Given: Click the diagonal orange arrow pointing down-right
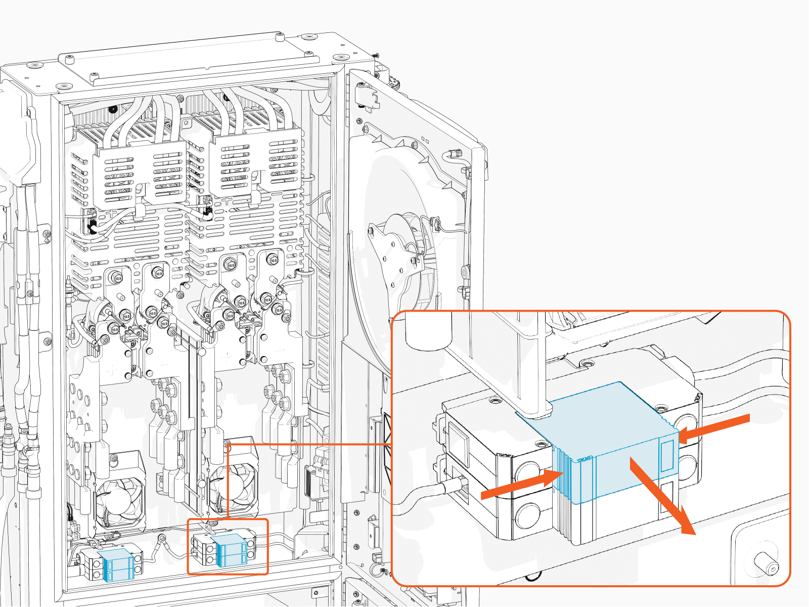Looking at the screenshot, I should point(662,496).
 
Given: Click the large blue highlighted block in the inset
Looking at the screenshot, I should point(607,440).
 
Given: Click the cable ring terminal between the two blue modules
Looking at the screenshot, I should point(162,539).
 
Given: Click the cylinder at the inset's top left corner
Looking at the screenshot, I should point(429,331).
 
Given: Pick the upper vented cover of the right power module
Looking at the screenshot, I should point(255,162).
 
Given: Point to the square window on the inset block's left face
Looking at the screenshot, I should point(457,438).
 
